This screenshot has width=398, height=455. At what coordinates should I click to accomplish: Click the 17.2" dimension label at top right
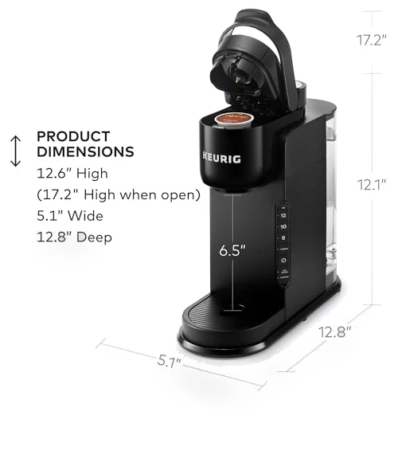coord(371,40)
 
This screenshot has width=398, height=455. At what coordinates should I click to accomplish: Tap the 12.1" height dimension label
coord(371,185)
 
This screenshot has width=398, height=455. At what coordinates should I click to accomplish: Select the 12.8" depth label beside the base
coord(335,331)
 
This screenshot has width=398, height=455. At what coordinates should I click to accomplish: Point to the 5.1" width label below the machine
coord(170,361)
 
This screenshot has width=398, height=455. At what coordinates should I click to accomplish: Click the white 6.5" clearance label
coord(232,250)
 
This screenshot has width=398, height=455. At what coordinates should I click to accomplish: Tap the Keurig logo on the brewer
coord(222,159)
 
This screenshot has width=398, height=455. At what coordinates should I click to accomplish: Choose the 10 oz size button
coord(283,226)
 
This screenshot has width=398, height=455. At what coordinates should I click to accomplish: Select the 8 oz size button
coord(283,238)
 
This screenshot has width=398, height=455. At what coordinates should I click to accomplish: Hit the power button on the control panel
coord(283,260)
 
